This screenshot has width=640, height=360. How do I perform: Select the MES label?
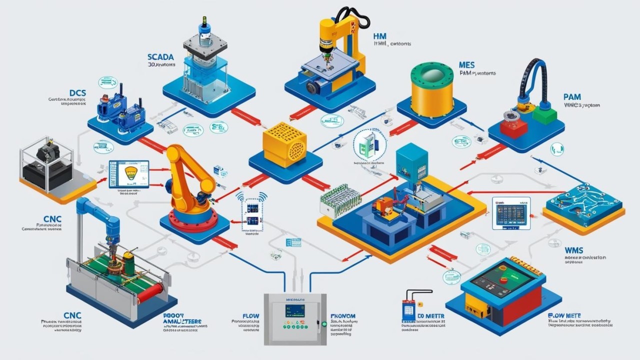pos(466,65)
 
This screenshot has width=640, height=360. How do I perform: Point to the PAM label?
pos(571,96)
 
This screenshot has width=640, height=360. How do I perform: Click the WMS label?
pos(574,249)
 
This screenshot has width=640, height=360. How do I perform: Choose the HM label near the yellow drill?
pos(380,36)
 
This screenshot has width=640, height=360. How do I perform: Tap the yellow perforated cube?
pos(284,144)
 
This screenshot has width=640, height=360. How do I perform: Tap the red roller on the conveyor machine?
pos(149,292)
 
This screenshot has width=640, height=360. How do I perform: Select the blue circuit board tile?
pos(583,202)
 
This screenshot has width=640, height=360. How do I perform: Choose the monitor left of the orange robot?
pos(129,174)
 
